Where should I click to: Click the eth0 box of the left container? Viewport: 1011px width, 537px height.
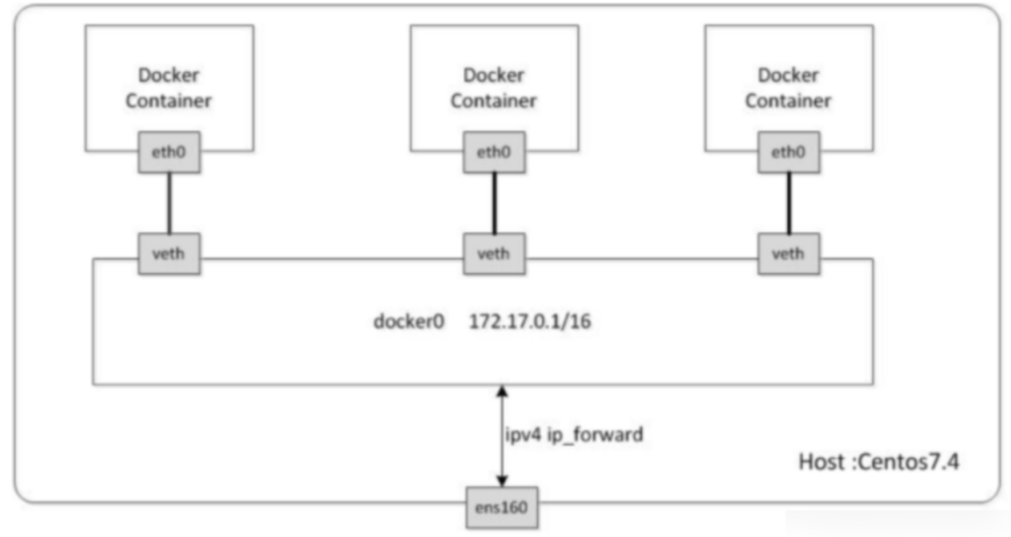[169, 152]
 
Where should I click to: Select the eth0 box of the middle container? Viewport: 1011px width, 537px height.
[494, 152]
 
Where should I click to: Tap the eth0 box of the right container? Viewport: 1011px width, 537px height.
[789, 152]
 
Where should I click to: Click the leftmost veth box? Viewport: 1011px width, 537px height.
[169, 253]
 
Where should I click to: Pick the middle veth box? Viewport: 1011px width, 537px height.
[494, 253]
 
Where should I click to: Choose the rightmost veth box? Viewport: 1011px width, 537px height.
[789, 253]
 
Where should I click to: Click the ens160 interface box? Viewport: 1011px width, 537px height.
[502, 507]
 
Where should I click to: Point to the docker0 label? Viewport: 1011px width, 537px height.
[409, 322]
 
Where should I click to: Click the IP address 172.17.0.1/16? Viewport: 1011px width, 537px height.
[530, 322]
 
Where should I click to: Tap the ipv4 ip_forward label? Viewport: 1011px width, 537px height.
[574, 435]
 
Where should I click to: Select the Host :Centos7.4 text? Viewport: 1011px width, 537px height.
[879, 462]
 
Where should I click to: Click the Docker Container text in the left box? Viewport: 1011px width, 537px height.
[169, 88]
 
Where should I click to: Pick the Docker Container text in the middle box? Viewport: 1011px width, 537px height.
[494, 88]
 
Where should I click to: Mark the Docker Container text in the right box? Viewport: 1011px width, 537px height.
[788, 88]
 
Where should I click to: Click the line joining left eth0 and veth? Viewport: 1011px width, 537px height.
[169, 203]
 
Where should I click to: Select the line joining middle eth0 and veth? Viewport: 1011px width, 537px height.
[494, 203]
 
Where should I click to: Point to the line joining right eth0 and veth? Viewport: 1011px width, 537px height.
[789, 203]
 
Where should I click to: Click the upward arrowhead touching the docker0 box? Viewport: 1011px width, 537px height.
[502, 391]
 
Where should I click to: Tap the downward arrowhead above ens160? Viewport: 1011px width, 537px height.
[502, 481]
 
